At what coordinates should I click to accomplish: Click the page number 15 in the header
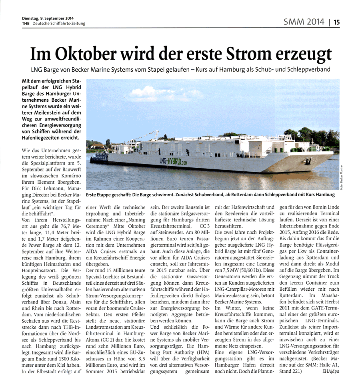[336, 23]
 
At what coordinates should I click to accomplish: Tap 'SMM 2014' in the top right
[304, 22]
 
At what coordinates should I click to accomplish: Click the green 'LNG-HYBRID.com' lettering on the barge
[173, 161]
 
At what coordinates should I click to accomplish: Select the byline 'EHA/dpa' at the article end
[330, 372]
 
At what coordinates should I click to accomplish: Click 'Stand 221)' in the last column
[291, 372]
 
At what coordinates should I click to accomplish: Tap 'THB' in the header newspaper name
[26, 23]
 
